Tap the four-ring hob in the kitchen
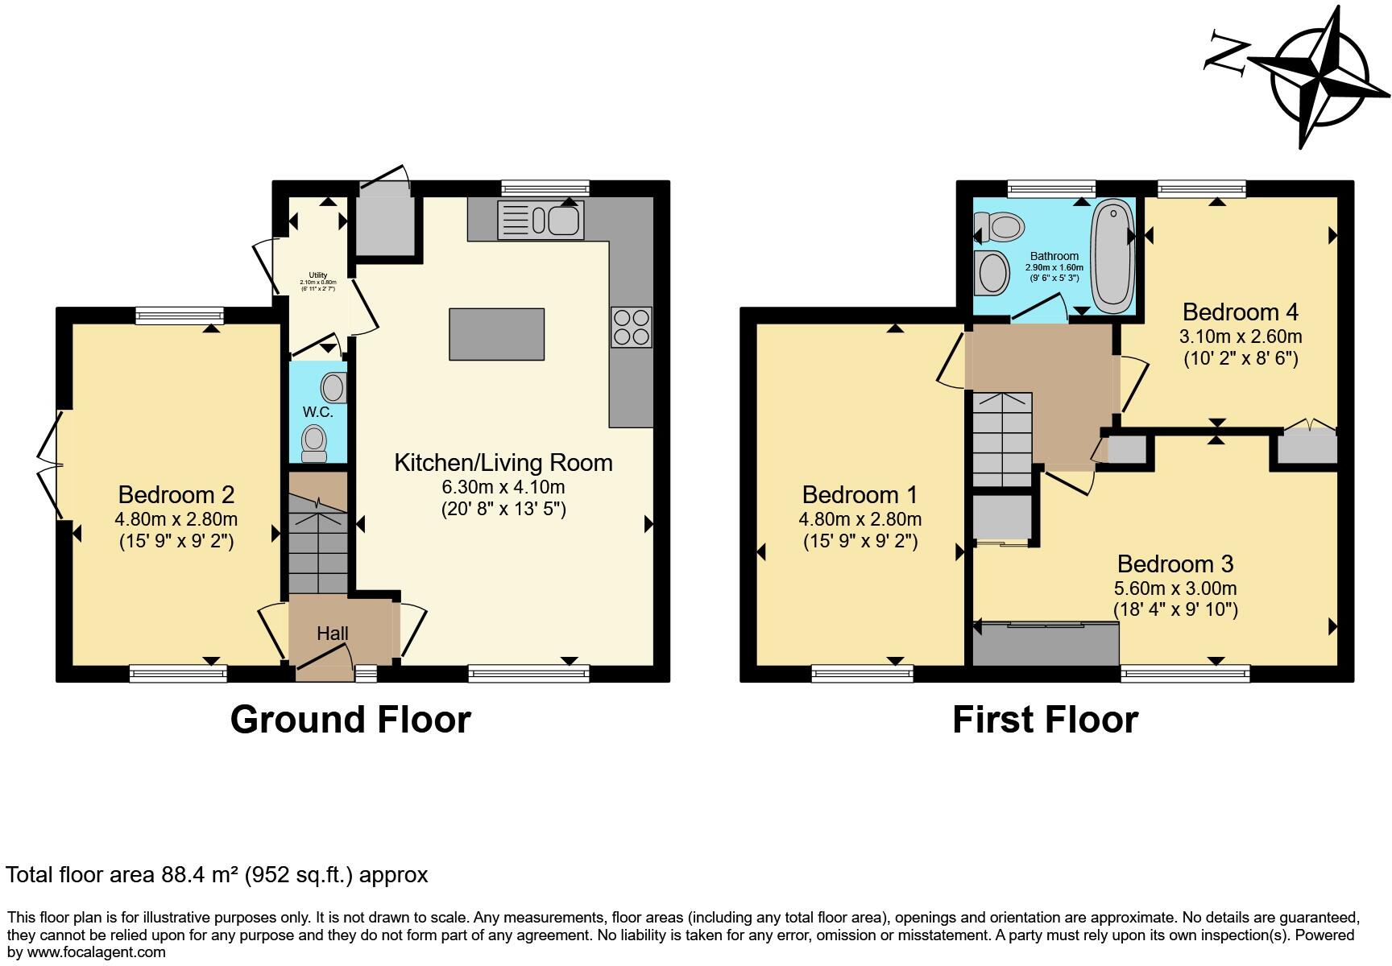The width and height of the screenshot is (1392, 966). point(631,328)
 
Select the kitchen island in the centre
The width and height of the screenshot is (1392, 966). point(496,334)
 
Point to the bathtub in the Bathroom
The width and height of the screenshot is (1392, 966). point(1112,256)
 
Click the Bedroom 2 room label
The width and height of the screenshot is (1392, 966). point(176,494)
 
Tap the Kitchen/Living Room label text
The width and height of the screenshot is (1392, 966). point(503,463)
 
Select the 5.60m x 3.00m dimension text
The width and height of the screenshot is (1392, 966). point(1174,588)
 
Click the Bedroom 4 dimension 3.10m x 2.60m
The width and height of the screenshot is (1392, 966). point(1241,336)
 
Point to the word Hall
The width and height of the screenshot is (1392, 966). point(332,634)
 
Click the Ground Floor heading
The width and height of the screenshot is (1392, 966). point(350,719)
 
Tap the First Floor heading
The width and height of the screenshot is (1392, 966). point(1045,719)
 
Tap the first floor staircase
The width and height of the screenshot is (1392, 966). point(1002,439)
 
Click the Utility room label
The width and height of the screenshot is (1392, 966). point(318,275)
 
